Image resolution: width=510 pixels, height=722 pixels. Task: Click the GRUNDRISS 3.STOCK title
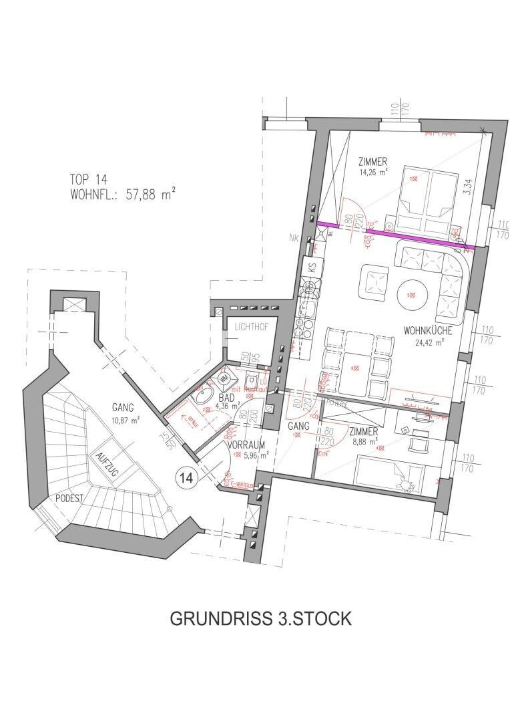click(x=260, y=618)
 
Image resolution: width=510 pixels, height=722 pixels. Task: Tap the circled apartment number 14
click(x=186, y=477)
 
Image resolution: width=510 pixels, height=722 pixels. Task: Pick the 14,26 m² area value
click(x=372, y=171)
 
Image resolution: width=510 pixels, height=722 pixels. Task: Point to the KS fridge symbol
click(x=312, y=267)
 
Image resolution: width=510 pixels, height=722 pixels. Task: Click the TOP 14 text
click(x=88, y=178)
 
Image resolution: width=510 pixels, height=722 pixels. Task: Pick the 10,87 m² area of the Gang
click(x=125, y=420)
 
